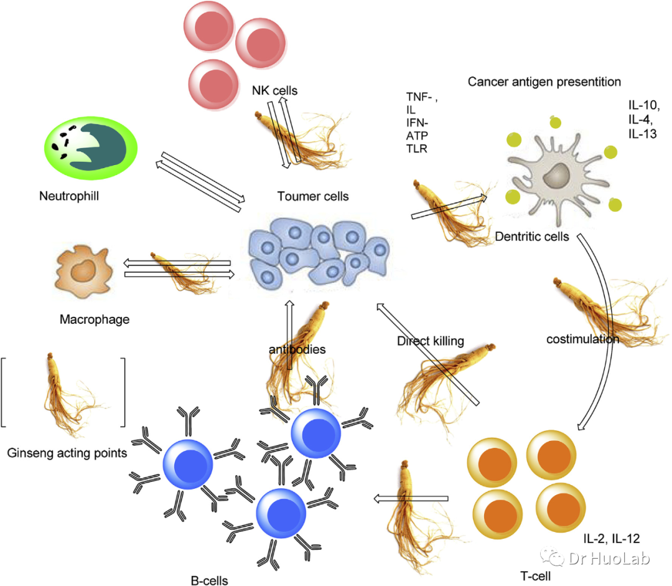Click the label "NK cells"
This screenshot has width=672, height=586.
274,91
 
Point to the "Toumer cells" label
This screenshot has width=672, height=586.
313,197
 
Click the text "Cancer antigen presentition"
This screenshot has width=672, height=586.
544,82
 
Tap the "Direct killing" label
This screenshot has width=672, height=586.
430,341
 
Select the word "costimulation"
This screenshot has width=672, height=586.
582,339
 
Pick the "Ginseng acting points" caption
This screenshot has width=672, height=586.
67,453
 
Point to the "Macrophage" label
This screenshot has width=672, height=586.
95,319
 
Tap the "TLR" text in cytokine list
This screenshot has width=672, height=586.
415,148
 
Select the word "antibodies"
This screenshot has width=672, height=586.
297,349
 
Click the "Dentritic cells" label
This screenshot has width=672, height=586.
532,237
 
